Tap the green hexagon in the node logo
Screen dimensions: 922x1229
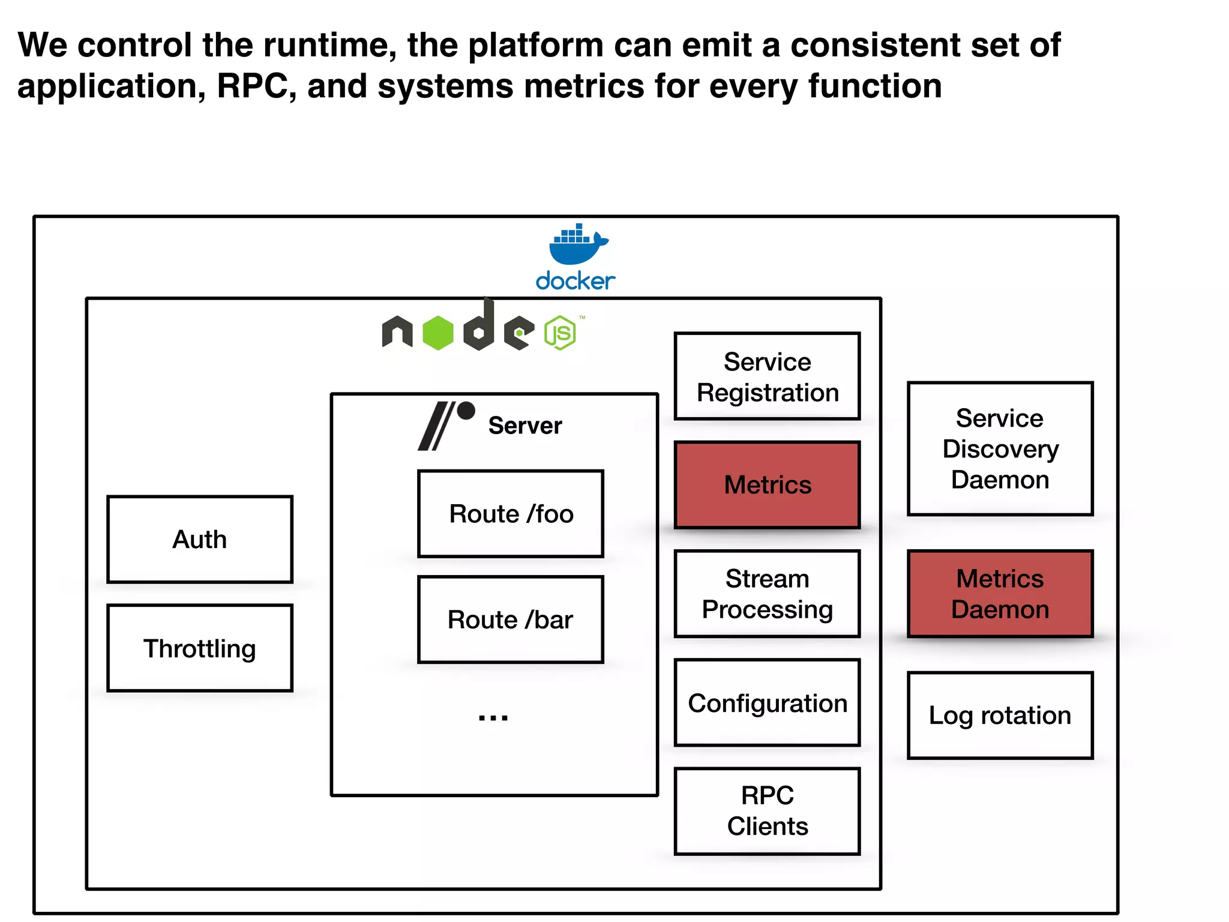point(438,333)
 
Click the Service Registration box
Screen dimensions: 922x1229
point(767,376)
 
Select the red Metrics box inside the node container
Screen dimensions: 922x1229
point(767,485)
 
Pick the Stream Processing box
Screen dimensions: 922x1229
point(767,594)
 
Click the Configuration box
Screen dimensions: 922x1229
point(767,703)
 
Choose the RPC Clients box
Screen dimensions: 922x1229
point(767,811)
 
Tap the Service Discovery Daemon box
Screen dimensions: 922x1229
point(1000,448)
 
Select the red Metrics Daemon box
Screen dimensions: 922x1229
point(1000,594)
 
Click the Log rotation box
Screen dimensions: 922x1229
point(1000,716)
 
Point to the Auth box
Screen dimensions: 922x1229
point(200,539)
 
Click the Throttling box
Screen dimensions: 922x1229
point(200,648)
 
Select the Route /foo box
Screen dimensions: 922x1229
point(511,514)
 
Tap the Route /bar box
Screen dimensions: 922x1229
point(511,619)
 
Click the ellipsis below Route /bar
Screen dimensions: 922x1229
point(493,717)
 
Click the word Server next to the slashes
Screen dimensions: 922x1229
point(525,426)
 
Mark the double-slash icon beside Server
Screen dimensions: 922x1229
point(437,426)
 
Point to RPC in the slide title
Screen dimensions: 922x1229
point(251,86)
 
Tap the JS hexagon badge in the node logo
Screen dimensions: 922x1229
point(560,333)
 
